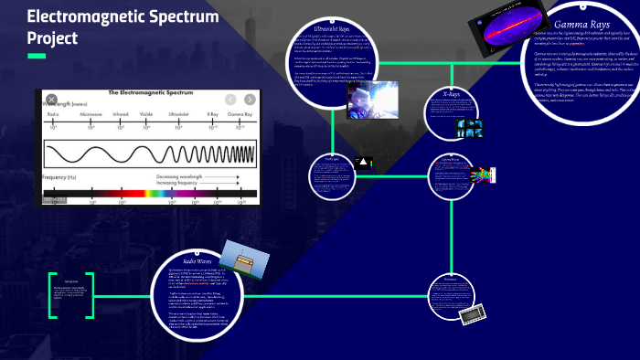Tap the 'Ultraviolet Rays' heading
click(x=330, y=29)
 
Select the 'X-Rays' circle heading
click(x=451, y=94)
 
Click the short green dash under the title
click(x=37, y=57)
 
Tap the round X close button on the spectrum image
click(x=52, y=99)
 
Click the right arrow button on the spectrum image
click(x=249, y=99)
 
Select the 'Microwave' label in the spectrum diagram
click(x=91, y=114)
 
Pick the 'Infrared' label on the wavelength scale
click(x=121, y=114)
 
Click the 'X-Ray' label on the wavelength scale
click(x=212, y=114)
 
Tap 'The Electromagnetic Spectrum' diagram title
click(x=149, y=93)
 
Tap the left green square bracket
click(x=52, y=292)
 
